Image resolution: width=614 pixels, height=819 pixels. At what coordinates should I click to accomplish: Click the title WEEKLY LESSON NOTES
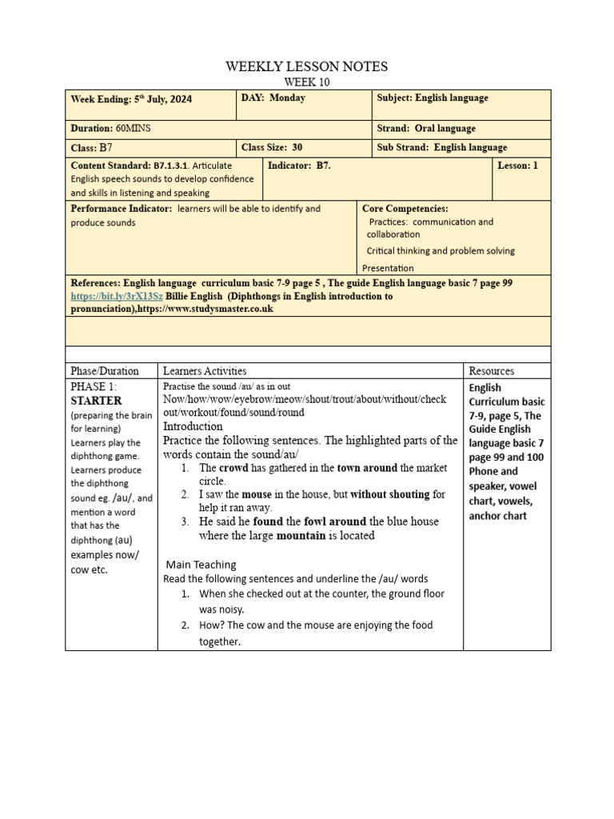tap(307, 66)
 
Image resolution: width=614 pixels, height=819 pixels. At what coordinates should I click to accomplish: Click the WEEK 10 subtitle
tap(307, 82)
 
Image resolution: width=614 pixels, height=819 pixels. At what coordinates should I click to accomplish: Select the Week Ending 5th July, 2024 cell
tap(131, 100)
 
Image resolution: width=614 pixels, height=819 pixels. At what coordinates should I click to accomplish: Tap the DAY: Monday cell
tap(273, 98)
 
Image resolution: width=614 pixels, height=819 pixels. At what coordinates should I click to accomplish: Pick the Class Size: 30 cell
tap(272, 147)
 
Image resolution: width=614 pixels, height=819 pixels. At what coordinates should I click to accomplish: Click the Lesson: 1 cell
tap(518, 166)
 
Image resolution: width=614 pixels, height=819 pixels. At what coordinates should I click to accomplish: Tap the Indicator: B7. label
tap(299, 166)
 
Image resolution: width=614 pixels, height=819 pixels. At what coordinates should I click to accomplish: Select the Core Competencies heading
tap(405, 209)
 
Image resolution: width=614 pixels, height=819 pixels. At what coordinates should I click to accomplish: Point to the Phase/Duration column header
tap(105, 371)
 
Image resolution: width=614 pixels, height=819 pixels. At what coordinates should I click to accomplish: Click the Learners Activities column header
tap(205, 371)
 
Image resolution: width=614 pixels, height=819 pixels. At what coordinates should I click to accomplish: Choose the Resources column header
tap(492, 371)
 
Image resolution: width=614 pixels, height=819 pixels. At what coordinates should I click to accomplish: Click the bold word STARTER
tap(96, 401)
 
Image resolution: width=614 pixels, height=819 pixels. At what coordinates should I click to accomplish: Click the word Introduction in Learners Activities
tap(193, 426)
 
